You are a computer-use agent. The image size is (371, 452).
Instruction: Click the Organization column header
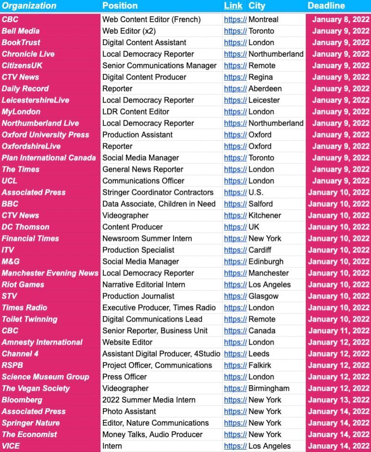click(x=29, y=6)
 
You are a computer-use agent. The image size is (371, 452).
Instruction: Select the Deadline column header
click(x=326, y=6)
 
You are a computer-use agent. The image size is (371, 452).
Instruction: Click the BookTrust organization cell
click(x=21, y=42)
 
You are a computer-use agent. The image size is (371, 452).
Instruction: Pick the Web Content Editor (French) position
click(x=151, y=20)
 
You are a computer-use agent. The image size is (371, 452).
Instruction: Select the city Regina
click(x=260, y=77)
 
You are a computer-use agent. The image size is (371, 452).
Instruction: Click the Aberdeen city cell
click(x=265, y=88)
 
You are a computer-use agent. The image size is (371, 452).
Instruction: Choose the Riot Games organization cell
click(x=23, y=285)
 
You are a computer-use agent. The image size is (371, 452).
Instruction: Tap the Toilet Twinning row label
click(x=29, y=319)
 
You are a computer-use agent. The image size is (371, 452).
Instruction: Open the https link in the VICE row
click(x=235, y=446)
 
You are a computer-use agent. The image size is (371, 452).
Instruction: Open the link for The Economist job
click(x=235, y=434)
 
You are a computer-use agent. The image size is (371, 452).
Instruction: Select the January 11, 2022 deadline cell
click(x=339, y=331)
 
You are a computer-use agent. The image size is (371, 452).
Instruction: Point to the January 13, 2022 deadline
click(x=339, y=400)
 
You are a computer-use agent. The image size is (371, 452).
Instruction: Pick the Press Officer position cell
click(x=124, y=377)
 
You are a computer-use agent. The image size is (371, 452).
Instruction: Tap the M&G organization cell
click(x=12, y=262)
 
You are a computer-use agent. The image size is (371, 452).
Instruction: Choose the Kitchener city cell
click(x=265, y=215)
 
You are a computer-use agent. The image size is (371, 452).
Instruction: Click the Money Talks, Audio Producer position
click(x=152, y=434)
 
